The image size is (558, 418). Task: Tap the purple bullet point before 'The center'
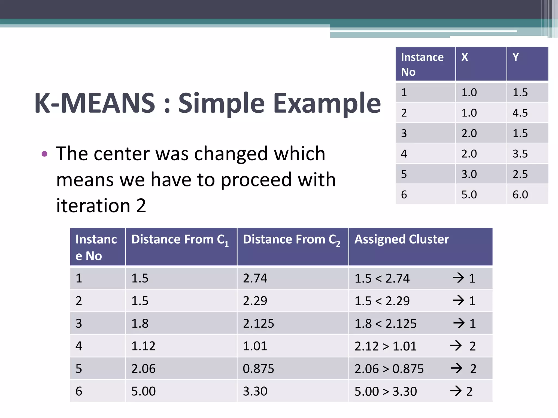click(44, 154)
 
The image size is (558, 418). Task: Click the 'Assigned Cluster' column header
click(402, 239)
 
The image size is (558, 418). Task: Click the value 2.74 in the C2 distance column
click(255, 278)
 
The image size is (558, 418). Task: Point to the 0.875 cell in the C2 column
click(258, 369)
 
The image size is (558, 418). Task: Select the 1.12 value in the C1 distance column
click(143, 346)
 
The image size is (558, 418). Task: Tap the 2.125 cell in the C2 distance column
click(258, 324)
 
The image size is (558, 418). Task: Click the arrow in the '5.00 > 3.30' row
click(456, 391)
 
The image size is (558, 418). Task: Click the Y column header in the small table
click(515, 57)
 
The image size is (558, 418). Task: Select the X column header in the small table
click(465, 57)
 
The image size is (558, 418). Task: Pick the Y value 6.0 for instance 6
click(520, 195)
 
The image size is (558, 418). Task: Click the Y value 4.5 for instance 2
click(520, 113)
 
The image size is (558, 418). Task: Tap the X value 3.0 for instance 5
click(469, 174)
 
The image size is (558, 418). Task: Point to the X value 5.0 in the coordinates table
click(469, 195)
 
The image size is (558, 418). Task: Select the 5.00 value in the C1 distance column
click(143, 391)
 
